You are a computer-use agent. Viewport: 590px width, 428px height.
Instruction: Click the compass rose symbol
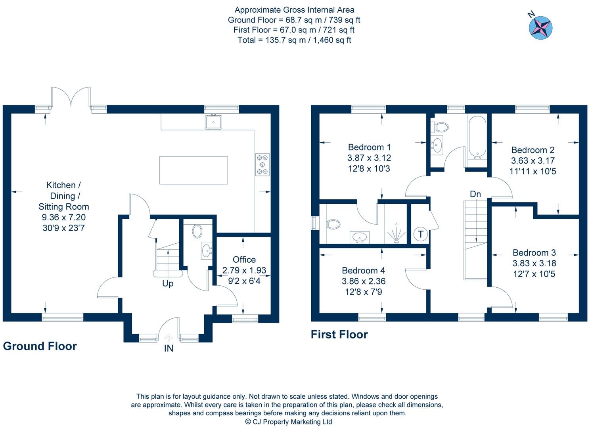tap(540, 28)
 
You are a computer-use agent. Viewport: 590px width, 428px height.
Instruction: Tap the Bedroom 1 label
tap(369, 147)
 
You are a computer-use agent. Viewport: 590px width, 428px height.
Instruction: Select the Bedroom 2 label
tap(533, 150)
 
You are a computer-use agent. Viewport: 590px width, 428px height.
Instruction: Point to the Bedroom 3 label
tap(534, 253)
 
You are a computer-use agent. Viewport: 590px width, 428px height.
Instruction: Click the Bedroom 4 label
tap(363, 271)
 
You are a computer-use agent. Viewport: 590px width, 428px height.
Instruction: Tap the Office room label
tap(244, 260)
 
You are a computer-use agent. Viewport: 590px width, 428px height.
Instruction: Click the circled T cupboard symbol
tap(420, 235)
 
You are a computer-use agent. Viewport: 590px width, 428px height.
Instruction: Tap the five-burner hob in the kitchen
tap(262, 164)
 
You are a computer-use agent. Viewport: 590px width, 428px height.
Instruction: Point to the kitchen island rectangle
tap(193, 170)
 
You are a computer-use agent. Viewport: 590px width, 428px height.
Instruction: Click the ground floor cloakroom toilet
tap(197, 231)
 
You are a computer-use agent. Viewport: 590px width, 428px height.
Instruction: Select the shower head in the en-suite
tap(396, 234)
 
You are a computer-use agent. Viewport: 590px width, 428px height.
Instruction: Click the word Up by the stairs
tap(168, 284)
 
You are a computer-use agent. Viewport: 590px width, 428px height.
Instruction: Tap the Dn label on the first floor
tap(475, 194)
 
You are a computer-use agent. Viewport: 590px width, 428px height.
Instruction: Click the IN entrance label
tap(169, 349)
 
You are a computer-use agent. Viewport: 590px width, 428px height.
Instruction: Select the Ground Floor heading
tap(40, 346)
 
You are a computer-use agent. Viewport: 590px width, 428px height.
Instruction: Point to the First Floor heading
tap(339, 334)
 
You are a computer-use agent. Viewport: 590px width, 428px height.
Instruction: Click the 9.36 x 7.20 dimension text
tap(63, 217)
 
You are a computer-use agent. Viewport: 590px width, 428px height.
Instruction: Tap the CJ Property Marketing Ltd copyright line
tap(288, 422)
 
